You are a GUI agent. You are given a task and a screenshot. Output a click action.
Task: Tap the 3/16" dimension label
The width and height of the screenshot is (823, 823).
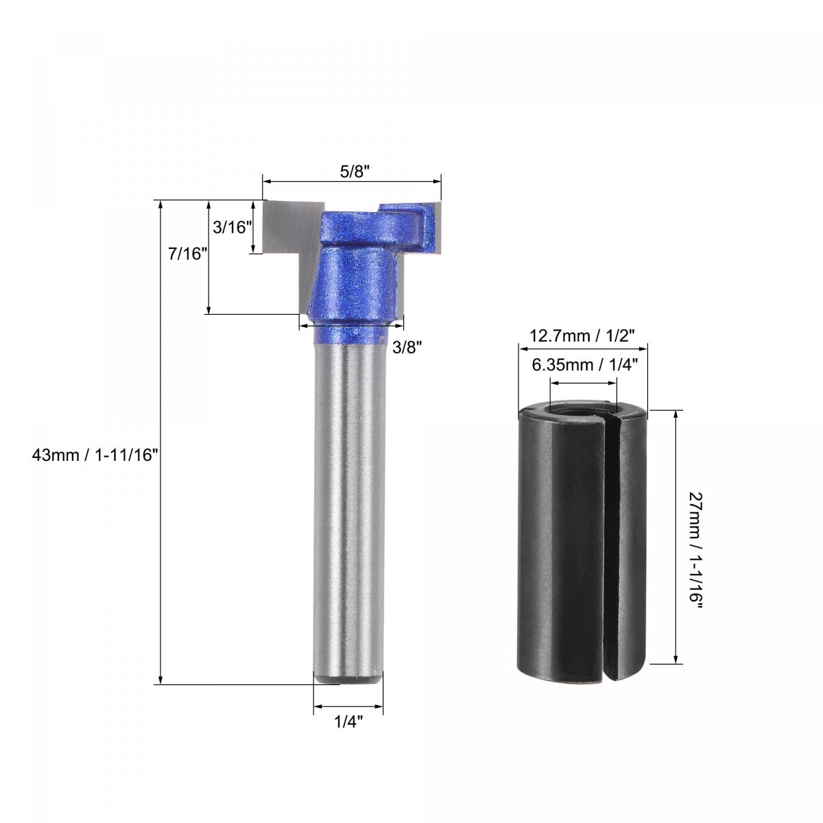coord(230,228)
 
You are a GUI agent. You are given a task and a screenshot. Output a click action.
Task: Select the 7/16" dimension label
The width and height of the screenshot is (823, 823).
coord(184,254)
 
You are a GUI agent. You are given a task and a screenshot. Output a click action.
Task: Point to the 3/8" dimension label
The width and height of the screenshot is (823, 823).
coord(407,348)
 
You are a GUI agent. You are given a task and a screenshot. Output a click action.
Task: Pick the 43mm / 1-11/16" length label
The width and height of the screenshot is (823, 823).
coord(95,455)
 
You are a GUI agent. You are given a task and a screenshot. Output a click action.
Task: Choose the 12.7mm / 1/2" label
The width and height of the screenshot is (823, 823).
coord(582,335)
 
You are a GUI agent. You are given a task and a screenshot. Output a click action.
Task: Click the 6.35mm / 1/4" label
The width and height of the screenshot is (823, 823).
coord(585,365)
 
